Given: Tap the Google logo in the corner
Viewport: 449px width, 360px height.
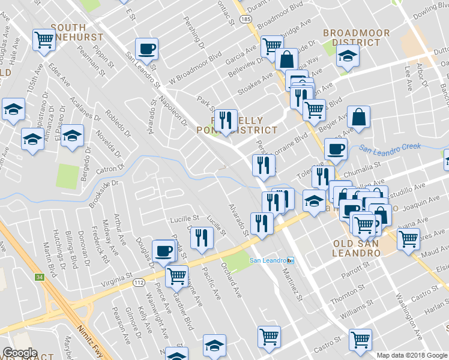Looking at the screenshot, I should [20, 353].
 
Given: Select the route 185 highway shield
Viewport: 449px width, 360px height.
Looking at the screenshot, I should [246, 20].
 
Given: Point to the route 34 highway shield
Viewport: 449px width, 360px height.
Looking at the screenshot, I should [40, 277].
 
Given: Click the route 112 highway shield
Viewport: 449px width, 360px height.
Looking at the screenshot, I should [138, 282].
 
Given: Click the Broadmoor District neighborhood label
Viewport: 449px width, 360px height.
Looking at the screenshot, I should [356, 38].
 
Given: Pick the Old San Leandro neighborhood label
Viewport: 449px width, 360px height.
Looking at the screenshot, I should [357, 248].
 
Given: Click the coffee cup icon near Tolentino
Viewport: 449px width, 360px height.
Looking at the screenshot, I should [336, 149].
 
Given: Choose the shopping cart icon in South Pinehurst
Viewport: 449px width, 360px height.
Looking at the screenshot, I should [44, 41].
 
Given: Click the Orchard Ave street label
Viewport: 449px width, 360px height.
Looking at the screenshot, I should [231, 280].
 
